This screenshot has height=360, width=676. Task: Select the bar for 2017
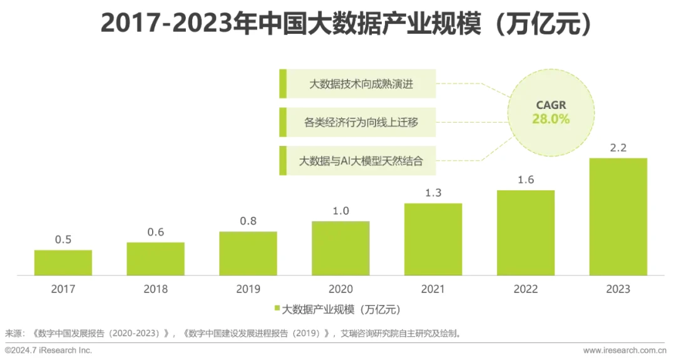click(x=63, y=262)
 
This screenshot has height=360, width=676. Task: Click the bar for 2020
click(x=341, y=248)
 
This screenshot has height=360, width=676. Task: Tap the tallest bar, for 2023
click(x=618, y=216)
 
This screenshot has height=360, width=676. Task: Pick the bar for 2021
click(x=433, y=239)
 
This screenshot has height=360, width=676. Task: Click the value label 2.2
click(x=618, y=148)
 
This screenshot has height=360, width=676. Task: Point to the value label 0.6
click(x=156, y=232)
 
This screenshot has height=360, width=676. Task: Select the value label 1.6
click(x=526, y=180)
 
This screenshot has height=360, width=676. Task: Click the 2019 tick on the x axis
click(x=248, y=289)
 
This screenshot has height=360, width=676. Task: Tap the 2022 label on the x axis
click(x=526, y=289)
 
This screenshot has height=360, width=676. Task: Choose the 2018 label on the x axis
click(x=156, y=289)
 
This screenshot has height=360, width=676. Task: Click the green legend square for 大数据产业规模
click(x=277, y=309)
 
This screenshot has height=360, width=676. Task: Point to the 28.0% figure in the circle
click(x=551, y=119)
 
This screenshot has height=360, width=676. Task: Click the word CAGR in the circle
click(x=551, y=105)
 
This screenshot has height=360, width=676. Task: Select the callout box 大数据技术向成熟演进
click(x=357, y=84)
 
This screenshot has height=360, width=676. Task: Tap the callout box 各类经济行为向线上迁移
click(x=357, y=122)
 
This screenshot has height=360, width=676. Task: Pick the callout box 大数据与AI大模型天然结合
click(x=357, y=160)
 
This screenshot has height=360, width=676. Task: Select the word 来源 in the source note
click(x=13, y=333)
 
